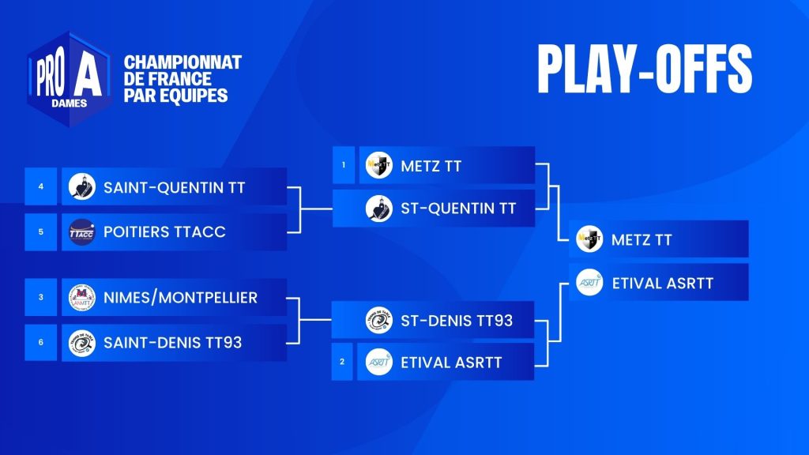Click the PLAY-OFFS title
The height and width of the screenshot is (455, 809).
[645, 70]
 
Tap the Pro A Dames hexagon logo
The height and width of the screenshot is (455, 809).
[70, 79]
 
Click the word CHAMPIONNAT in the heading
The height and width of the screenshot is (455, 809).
[182, 62]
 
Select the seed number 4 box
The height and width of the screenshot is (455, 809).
[41, 186]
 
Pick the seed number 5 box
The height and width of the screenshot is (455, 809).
[41, 231]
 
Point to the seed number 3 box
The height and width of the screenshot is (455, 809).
[41, 297]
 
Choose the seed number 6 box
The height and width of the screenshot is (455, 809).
[41, 342]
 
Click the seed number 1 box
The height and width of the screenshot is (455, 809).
[344, 165]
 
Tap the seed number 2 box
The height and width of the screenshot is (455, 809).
[342, 362]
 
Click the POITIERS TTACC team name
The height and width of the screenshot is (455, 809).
[164, 232]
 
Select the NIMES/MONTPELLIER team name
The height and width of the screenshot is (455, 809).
[181, 298]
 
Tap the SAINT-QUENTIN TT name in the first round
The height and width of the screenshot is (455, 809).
[175, 187]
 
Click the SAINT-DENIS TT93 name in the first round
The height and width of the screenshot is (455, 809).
[173, 343]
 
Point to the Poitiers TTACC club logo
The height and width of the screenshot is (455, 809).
[82, 232]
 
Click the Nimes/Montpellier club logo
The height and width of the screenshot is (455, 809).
[82, 298]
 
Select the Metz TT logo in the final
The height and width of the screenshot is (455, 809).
[589, 239]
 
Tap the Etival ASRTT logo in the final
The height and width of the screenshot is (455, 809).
[589, 282]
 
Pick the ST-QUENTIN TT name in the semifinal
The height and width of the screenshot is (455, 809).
[459, 209]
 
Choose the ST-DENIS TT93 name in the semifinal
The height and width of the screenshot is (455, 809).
[457, 321]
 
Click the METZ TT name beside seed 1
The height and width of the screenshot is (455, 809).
[431, 166]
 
